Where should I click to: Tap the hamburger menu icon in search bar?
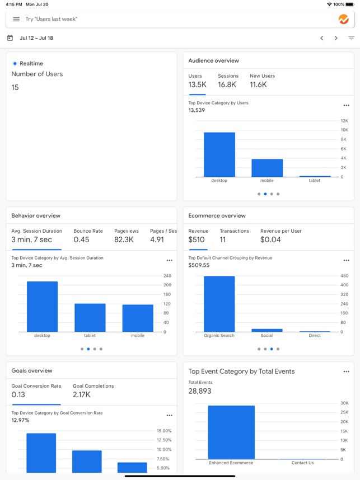(x=16, y=19)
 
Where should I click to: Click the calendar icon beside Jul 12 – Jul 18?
(x=10, y=38)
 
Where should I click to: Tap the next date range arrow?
(x=336, y=38)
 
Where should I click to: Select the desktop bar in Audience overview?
(x=219, y=154)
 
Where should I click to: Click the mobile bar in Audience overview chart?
(x=267, y=168)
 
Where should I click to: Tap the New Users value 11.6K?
(x=258, y=85)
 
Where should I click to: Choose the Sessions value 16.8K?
(x=227, y=85)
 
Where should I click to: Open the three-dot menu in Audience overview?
(x=346, y=106)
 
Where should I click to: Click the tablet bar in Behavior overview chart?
(x=90, y=318)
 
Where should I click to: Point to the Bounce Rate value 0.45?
(x=81, y=240)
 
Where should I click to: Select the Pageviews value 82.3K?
(x=123, y=240)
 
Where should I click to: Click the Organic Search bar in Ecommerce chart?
(x=219, y=304)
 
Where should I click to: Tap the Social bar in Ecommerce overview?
(x=267, y=330)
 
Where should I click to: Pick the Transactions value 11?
(x=222, y=240)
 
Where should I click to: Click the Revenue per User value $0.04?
(x=270, y=240)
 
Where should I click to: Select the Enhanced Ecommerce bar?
(x=231, y=432)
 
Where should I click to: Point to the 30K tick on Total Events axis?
(x=344, y=403)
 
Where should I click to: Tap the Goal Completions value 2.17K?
(x=82, y=395)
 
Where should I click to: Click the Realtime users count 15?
(x=15, y=87)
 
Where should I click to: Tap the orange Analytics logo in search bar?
(x=344, y=19)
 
